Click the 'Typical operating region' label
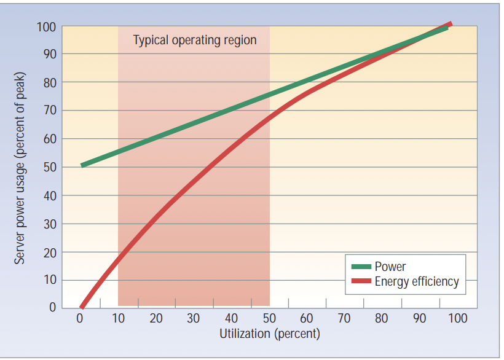[194, 41]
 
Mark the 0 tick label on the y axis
[52, 307]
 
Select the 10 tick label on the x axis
[118, 318]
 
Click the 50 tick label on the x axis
[269, 318]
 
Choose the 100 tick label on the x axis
[458, 318]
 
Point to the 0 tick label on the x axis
[80, 318]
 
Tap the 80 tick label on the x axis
[382, 318]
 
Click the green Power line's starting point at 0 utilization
[82, 165]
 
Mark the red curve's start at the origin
[82, 307]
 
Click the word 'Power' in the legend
[390, 267]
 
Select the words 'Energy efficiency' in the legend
[417, 282]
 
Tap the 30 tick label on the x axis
[194, 318]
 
